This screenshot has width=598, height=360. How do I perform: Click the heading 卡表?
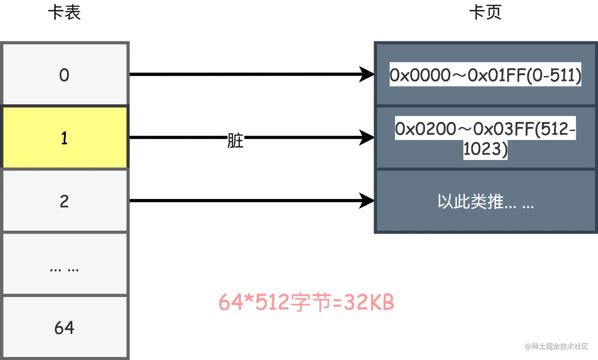(64, 13)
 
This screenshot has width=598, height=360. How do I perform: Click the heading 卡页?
(485, 13)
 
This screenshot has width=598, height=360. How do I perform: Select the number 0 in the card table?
(64, 75)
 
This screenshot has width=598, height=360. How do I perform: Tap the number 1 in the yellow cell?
(64, 138)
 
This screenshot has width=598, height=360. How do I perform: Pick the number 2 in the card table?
(64, 201)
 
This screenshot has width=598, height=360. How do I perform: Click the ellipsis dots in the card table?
(64, 270)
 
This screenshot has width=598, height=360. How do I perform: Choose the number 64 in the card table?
(64, 328)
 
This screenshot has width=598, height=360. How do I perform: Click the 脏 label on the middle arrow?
(235, 140)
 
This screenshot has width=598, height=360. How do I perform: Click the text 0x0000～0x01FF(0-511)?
(485, 75)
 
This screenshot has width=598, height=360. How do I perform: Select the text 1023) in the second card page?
(485, 149)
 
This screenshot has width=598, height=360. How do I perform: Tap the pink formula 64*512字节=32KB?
(306, 303)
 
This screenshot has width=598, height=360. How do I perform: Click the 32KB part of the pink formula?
(369, 303)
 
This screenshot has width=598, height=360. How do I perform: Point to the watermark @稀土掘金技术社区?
(556, 347)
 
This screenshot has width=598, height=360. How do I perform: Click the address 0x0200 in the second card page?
(426, 129)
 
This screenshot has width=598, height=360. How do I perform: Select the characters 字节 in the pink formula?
(311, 303)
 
